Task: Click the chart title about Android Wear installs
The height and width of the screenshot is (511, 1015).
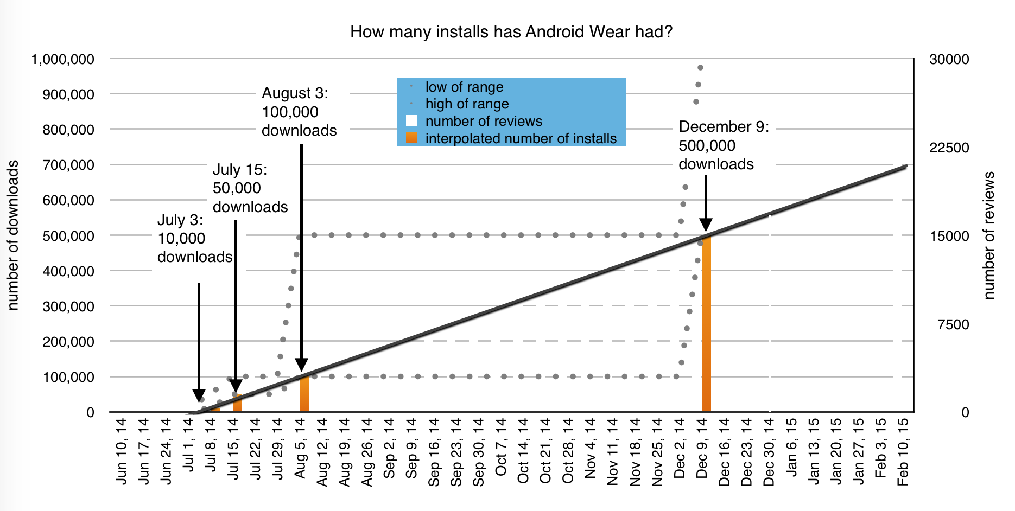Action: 511,32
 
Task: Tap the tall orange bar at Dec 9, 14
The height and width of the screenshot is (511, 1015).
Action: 706,325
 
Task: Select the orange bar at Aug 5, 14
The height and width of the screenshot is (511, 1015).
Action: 304,393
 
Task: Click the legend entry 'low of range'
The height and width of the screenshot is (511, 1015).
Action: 464,87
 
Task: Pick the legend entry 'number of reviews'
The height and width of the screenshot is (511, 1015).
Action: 483,121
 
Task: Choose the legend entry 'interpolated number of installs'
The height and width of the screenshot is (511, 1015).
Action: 521,138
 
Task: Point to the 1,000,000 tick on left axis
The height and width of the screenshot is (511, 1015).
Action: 63,59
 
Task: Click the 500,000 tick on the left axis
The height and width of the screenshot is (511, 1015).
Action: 68,236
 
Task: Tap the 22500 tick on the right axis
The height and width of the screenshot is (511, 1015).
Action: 949,148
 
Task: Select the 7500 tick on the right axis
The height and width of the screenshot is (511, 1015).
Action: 953,324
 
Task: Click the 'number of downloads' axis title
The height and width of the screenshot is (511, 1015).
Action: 12,235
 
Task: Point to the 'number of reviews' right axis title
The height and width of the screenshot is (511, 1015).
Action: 989,235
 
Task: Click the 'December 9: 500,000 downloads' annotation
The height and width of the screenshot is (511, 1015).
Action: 724,145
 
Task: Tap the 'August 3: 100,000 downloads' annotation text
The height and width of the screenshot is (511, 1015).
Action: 299,112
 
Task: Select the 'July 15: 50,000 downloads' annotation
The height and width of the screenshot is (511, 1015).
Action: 250,188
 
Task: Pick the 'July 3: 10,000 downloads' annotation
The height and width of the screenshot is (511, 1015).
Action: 194,239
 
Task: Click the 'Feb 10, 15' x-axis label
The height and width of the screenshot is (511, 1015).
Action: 903,451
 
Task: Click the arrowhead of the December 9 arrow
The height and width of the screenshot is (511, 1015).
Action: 706,225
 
